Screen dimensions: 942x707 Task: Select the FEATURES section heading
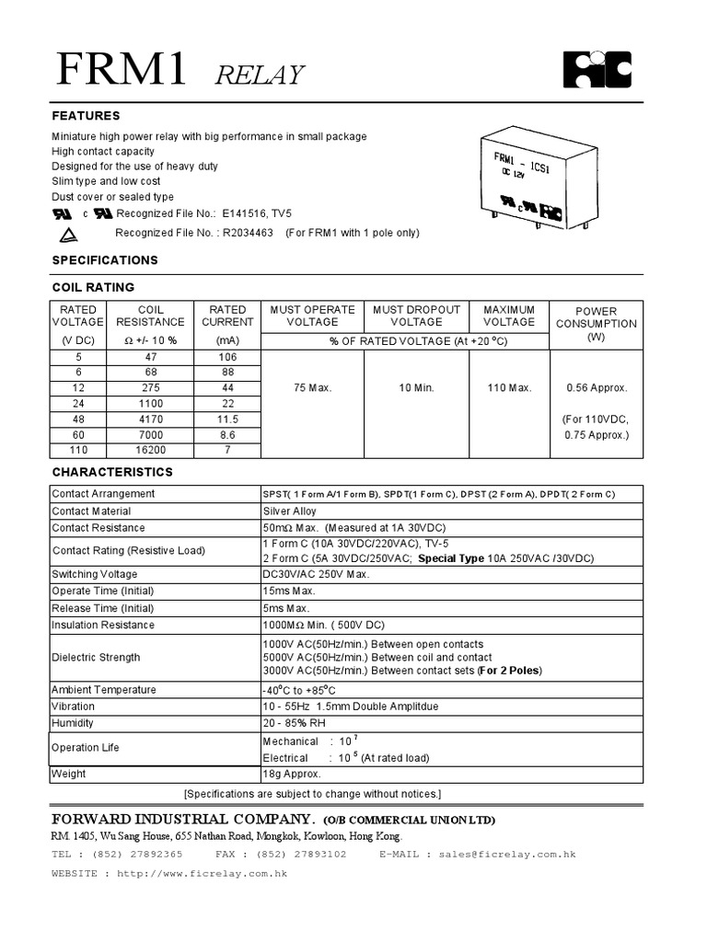coord(86,116)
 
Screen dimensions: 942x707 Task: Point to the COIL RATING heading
coord(93,287)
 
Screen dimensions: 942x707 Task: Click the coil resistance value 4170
coord(150,419)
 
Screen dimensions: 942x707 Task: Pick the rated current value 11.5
coord(227,419)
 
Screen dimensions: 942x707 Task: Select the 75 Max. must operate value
coord(313,388)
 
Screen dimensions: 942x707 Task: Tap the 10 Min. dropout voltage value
coord(416,388)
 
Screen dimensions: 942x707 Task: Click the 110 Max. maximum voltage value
coord(509,388)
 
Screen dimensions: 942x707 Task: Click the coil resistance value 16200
coord(150,450)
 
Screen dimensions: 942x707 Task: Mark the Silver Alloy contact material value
coord(289,511)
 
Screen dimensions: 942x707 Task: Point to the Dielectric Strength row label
coord(97,657)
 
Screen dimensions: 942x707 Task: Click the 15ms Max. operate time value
coord(289,591)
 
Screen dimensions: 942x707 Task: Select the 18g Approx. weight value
coord(291,774)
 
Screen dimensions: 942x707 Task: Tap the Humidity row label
coord(74,723)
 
